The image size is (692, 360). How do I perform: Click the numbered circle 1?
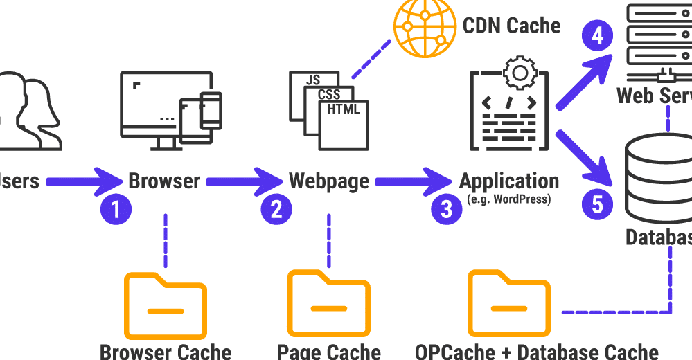click(x=116, y=209)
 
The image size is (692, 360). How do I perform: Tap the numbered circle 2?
click(x=276, y=209)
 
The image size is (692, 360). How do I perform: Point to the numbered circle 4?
click(x=597, y=36)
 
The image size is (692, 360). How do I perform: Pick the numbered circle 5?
click(x=597, y=204)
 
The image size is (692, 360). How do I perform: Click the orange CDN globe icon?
click(x=422, y=26)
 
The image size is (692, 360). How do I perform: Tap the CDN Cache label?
click(x=512, y=26)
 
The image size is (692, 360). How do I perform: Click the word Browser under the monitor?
click(x=165, y=181)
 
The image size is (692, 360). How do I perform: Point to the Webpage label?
click(x=329, y=181)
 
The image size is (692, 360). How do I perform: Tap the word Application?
click(x=509, y=181)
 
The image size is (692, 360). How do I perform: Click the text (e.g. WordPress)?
click(x=509, y=199)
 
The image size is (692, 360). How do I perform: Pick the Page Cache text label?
click(x=329, y=352)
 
